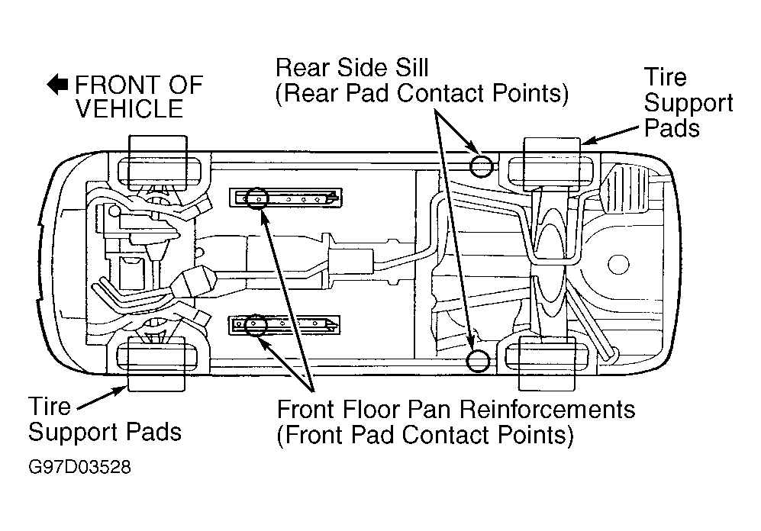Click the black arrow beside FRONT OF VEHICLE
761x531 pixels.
point(57,84)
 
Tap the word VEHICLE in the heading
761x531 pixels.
point(130,108)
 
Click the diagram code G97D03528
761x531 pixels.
point(79,467)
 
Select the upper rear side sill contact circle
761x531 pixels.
point(481,166)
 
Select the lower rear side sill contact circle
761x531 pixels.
point(478,360)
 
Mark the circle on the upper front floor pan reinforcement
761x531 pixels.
point(256,198)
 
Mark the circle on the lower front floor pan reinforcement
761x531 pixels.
point(255,325)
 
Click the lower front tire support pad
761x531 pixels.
point(156,363)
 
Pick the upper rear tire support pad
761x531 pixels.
point(552,165)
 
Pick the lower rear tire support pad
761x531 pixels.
point(547,363)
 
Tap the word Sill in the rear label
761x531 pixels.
point(411,68)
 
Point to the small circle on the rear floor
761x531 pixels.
point(618,264)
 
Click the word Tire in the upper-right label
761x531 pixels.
point(666,77)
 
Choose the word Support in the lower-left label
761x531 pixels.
point(71,433)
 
